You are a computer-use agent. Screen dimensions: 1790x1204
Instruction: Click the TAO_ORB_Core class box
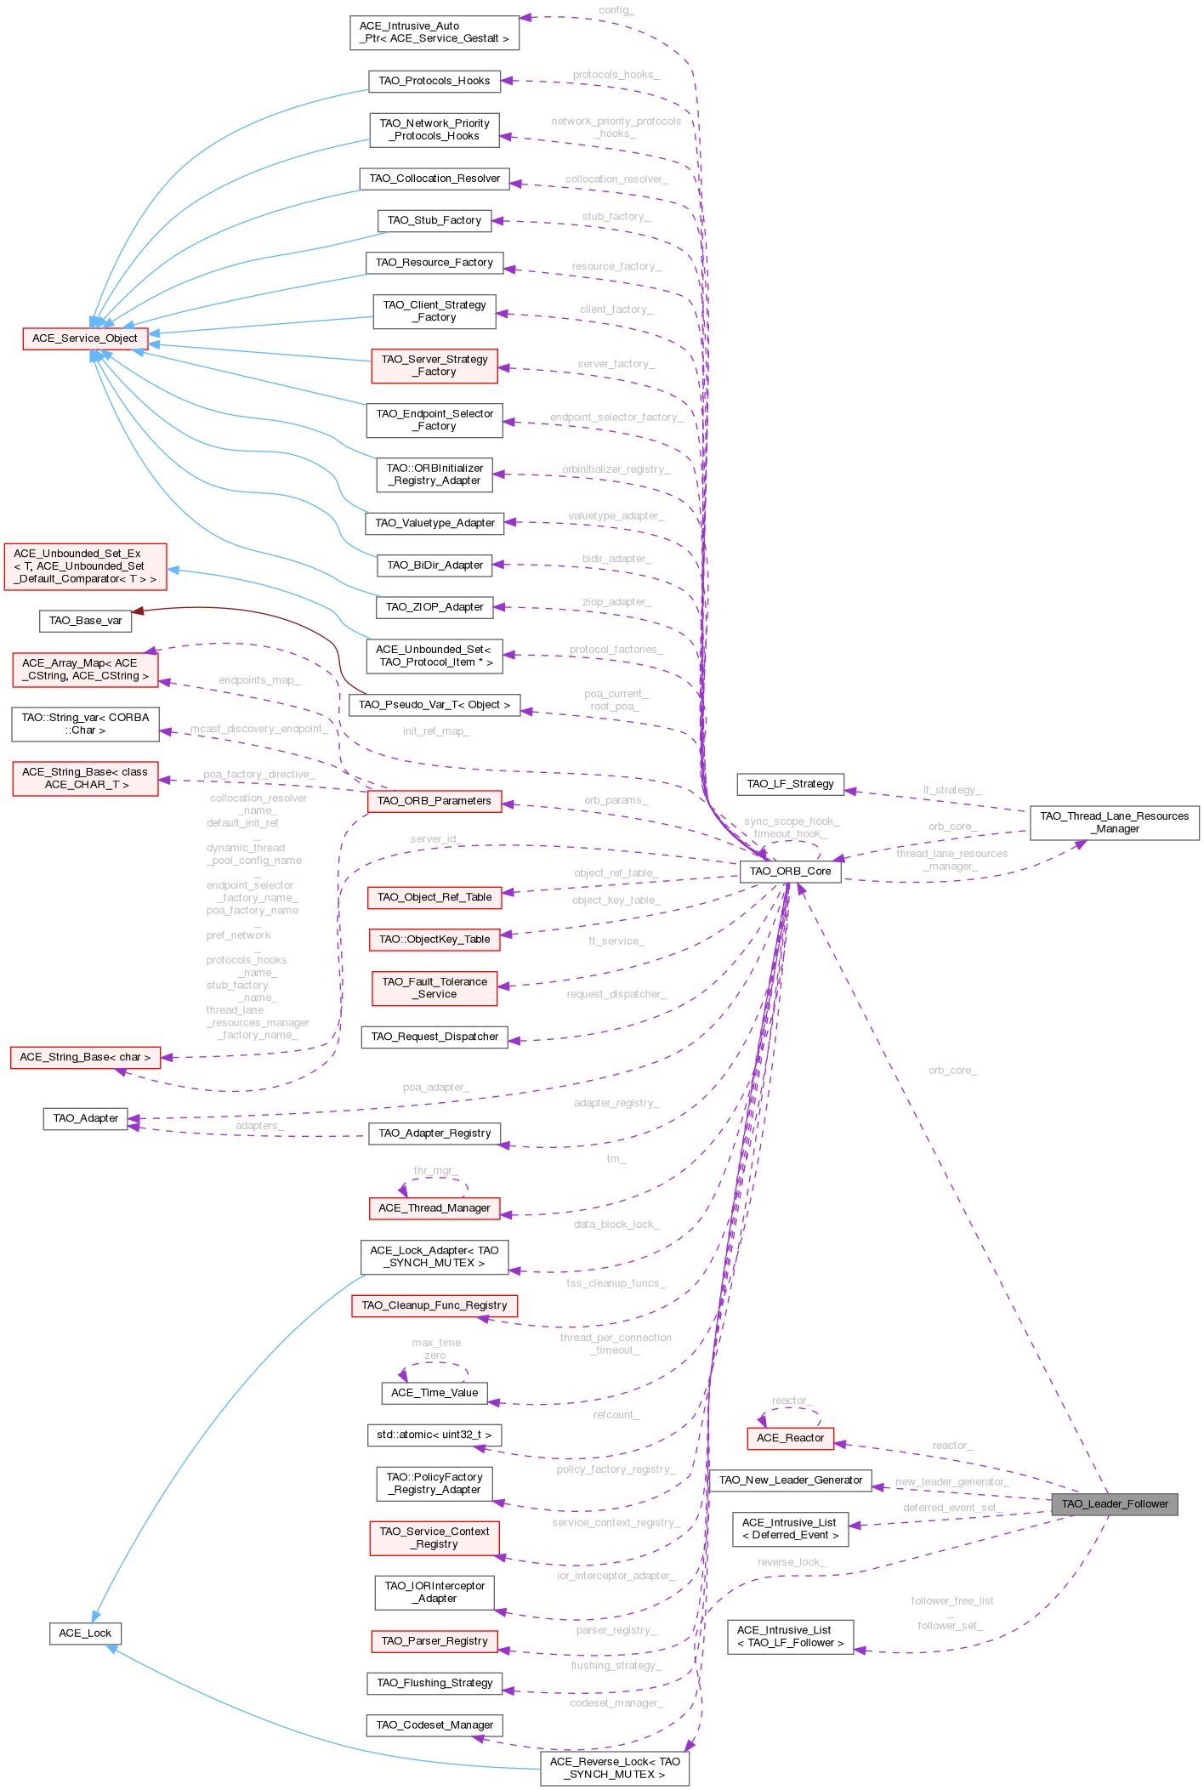(790, 872)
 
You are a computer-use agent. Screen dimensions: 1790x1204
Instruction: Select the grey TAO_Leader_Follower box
(1114, 1503)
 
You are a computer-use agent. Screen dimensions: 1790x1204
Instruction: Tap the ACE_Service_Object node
(85, 338)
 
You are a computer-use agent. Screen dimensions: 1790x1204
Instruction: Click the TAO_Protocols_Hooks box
(434, 81)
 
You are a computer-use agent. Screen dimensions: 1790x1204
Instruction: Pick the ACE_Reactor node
(790, 1438)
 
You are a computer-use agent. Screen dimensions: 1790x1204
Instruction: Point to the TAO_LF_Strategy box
(790, 784)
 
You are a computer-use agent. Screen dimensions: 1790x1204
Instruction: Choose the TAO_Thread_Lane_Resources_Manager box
(1114, 822)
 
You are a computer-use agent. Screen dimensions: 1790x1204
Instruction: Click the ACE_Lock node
(85, 1633)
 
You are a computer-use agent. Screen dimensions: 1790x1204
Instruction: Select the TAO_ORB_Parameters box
(434, 801)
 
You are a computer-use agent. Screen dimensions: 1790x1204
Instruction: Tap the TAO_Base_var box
(85, 621)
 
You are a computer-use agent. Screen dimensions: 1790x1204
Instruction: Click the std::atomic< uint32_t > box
(434, 1435)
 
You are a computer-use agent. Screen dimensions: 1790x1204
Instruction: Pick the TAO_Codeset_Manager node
(434, 1725)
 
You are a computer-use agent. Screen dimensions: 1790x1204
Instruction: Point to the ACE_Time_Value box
(434, 1393)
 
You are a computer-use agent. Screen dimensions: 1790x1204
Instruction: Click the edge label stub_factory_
(616, 217)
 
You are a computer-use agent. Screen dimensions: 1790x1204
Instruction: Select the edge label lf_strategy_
(951, 790)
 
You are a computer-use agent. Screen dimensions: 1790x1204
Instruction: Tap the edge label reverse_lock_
(791, 1562)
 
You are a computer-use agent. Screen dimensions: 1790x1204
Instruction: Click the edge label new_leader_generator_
(951, 1481)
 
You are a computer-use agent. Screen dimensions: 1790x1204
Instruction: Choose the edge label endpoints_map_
(258, 680)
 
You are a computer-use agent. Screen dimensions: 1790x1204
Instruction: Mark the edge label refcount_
(616, 1415)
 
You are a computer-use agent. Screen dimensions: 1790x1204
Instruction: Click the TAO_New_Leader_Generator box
(790, 1480)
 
